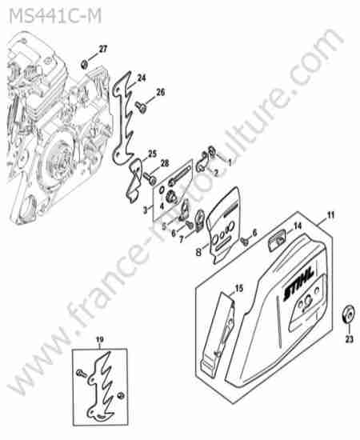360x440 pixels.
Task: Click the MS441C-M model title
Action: (55, 16)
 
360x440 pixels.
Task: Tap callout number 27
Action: (103, 49)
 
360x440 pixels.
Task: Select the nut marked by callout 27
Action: (84, 65)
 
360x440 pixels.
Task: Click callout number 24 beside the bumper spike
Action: (142, 78)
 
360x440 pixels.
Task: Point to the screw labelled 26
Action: (139, 106)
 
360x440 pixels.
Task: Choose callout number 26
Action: (160, 92)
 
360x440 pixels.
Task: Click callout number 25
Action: (152, 154)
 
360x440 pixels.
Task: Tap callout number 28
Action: (165, 163)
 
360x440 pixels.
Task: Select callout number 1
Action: (230, 162)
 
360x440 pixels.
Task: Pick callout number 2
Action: (215, 173)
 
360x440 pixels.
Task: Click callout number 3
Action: (145, 210)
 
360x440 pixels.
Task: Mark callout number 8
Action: (198, 253)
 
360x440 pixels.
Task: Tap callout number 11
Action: (330, 215)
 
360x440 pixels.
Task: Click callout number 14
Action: (297, 226)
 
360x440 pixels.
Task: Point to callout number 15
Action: (238, 288)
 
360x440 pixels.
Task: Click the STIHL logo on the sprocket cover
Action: (298, 284)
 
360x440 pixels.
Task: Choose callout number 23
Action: (349, 339)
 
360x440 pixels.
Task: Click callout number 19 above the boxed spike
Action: (100, 339)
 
